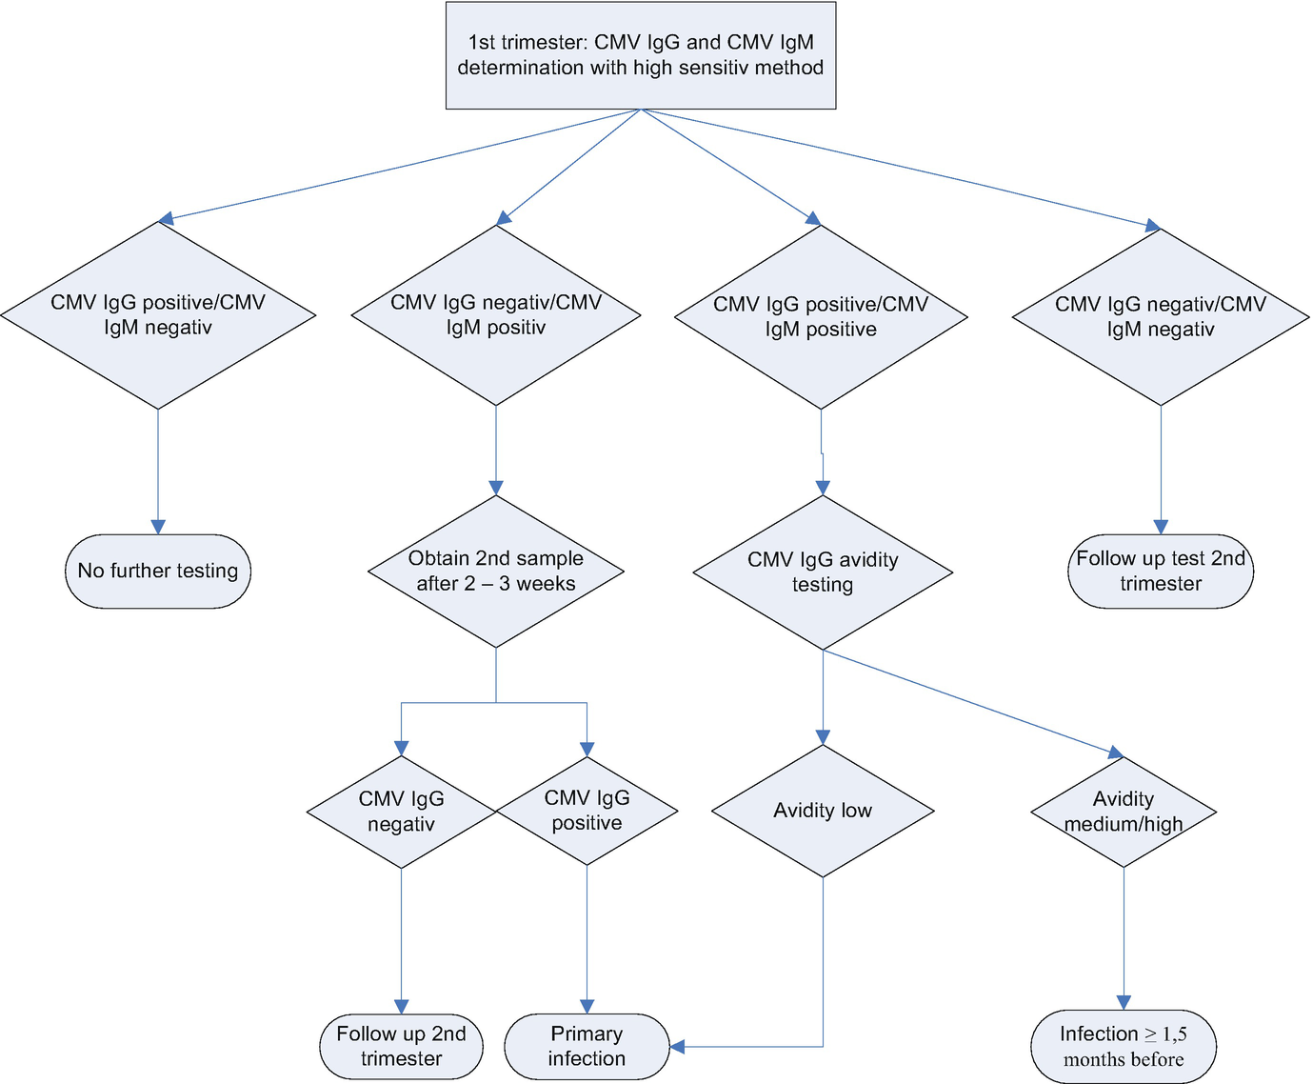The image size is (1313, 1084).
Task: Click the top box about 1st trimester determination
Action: coord(641,55)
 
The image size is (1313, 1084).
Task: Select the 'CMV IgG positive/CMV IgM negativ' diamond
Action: coord(158,315)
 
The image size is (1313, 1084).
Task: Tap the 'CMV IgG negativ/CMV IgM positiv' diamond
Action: coord(496,315)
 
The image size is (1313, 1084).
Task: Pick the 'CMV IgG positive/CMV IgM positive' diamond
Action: coord(821,317)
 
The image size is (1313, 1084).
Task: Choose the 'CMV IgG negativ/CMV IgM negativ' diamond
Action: coord(1161,317)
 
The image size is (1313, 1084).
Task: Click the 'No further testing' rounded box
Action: coord(158,571)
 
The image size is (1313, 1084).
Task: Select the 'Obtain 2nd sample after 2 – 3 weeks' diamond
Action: coord(496,571)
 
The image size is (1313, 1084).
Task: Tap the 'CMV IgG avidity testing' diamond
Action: coord(823,572)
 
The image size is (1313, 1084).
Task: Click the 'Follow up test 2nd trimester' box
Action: coord(1161,571)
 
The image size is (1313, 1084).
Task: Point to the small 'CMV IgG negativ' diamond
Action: coord(401,812)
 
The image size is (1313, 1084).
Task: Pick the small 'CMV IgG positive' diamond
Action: coord(587,811)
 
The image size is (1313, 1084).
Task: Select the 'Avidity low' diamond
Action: coord(823,811)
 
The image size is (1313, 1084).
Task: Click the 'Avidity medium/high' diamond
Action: coord(1124,812)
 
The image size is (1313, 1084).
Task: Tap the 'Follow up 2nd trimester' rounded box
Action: coord(401,1046)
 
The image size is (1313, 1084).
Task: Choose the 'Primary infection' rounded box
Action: coord(587,1046)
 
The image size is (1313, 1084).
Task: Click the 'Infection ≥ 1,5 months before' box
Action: coord(1124,1046)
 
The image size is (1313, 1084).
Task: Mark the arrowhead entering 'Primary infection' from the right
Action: coord(677,1047)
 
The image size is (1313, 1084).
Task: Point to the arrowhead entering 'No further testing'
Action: coord(158,527)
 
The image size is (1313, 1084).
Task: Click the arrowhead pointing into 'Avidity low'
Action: coord(823,737)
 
